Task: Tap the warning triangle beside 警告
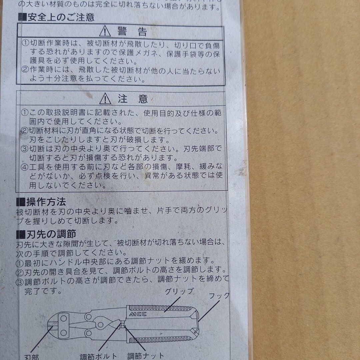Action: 105,31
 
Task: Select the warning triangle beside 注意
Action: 105,99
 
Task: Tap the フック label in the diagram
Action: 219,295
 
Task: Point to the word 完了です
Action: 43,291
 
